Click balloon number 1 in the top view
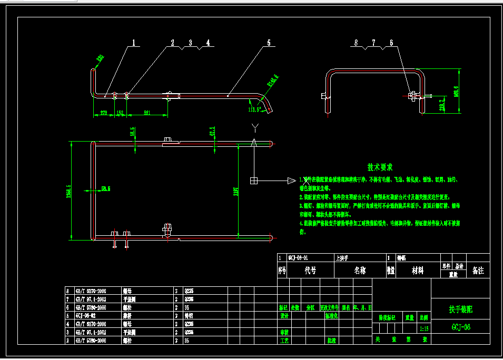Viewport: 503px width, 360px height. coord(134,43)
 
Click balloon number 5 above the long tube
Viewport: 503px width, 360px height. coord(269,43)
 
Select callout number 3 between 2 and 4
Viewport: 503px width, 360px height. coord(190,43)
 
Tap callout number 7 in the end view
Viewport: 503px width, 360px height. coord(373,43)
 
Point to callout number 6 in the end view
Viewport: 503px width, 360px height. coord(391,43)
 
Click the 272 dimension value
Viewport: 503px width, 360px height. coord(103,112)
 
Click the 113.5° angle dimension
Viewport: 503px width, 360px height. coord(255,109)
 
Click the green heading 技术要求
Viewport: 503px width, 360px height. coord(380,167)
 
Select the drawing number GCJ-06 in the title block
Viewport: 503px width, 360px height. coord(461,327)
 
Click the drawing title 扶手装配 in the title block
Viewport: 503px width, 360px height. coord(461,310)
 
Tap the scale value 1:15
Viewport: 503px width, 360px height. coord(424,328)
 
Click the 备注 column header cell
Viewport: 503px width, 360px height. coord(478,271)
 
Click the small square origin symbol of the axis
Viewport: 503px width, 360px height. coord(254,181)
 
